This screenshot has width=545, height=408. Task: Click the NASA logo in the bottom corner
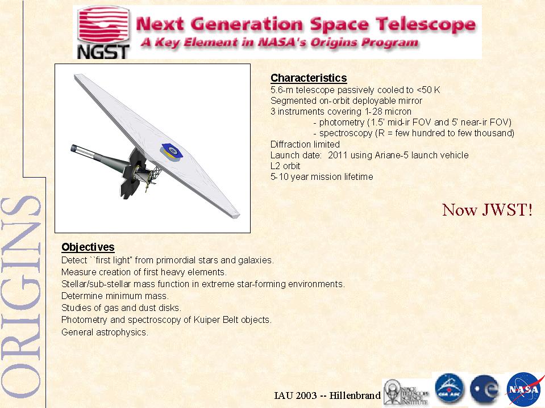click(524, 389)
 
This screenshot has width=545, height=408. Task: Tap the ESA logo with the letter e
click(484, 389)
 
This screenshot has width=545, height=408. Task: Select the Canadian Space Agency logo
click(450, 389)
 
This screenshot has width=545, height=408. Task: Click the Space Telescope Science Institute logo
click(406, 392)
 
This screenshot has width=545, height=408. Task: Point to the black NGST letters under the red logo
click(103, 52)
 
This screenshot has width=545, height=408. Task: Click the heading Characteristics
click(309, 78)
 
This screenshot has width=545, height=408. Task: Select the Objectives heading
click(88, 247)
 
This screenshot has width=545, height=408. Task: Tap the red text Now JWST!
click(487, 210)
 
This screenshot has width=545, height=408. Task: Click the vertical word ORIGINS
click(21, 297)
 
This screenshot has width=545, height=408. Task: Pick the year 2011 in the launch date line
click(338, 155)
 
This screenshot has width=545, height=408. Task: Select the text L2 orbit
click(285, 166)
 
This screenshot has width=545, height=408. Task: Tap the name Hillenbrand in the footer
click(355, 396)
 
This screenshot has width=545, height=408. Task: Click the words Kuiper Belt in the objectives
click(216, 319)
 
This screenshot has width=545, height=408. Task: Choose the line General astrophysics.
click(105, 332)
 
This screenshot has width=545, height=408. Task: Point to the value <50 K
click(428, 90)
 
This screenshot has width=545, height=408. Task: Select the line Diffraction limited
click(305, 144)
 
